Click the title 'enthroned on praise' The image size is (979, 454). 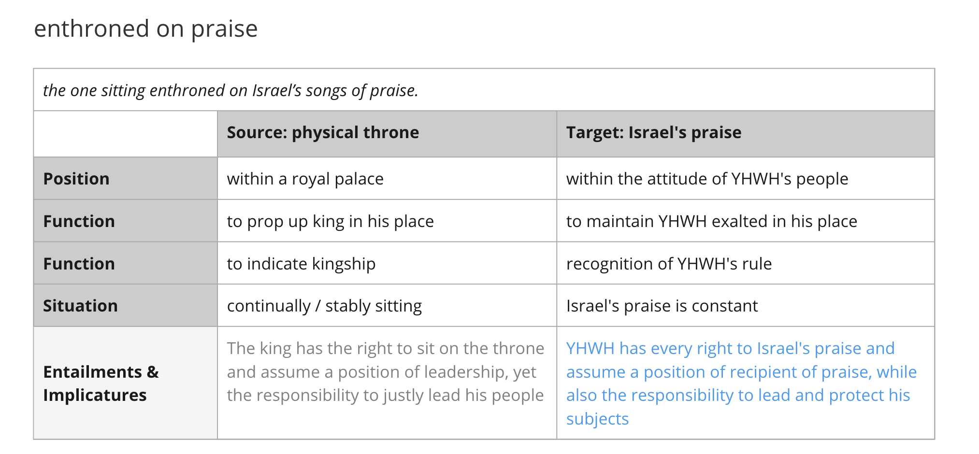146,29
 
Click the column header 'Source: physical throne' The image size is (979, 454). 323,132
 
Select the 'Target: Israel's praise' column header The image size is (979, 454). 654,132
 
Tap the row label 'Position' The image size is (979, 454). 76,179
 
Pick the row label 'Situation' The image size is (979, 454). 80,306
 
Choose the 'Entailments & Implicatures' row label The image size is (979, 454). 101,383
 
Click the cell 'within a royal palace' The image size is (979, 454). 305,179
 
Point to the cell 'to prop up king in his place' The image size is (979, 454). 331,221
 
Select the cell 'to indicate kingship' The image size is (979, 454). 301,264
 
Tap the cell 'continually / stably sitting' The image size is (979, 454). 324,306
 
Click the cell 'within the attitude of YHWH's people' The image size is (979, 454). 707,179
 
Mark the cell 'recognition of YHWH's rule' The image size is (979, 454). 669,264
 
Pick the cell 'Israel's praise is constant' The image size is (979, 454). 662,306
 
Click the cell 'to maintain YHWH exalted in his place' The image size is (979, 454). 712,221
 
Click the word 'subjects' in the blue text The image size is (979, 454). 597,419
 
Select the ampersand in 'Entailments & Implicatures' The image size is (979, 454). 153,372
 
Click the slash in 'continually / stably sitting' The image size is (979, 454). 318,306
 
